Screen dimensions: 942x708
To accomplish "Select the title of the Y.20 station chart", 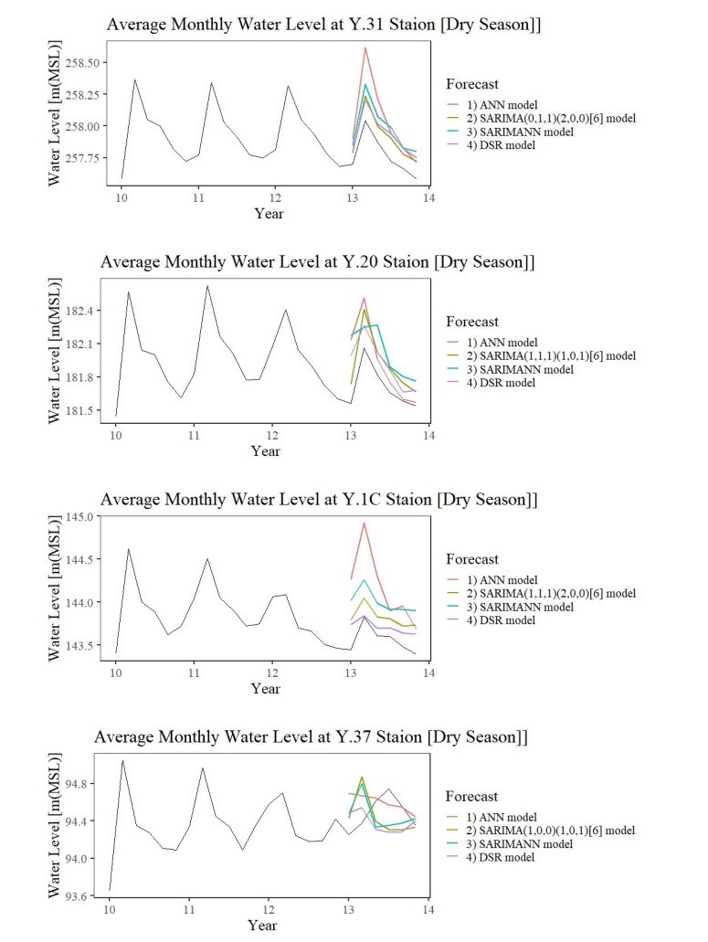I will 317,262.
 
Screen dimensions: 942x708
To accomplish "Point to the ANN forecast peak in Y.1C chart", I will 364,524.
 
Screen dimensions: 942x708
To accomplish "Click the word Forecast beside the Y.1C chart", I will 472,559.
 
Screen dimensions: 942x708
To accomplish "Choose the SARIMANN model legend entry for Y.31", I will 518,132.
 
